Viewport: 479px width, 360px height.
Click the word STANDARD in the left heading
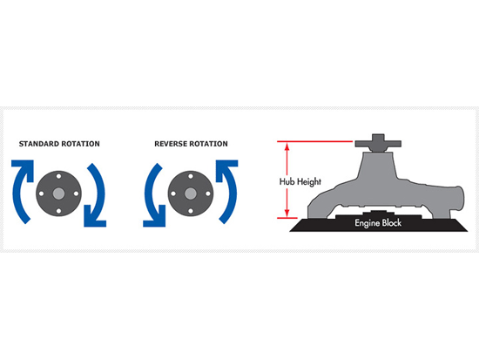tap(39, 144)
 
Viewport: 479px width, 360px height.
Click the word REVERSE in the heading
tap(171, 144)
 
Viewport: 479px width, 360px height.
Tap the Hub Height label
tap(300, 181)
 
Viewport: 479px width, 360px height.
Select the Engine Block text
tap(378, 223)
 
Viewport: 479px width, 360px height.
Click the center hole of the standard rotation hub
tap(58, 194)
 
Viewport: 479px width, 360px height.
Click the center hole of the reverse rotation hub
tap(191, 194)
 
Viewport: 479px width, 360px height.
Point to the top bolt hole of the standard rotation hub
tap(58, 176)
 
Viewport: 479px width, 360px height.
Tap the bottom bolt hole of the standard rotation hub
tap(58, 211)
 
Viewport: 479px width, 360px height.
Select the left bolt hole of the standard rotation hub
tap(41, 194)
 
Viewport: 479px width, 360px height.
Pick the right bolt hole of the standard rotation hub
tap(76, 194)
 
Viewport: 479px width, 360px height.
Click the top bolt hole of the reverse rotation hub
tap(191, 176)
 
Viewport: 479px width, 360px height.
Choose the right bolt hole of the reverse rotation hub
tap(208, 194)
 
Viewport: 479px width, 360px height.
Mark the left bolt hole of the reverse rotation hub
tap(173, 194)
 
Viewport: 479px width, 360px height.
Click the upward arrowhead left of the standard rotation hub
tap(24, 169)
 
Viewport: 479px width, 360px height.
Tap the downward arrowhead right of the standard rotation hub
tap(94, 217)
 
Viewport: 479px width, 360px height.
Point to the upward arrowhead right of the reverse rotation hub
tap(226, 169)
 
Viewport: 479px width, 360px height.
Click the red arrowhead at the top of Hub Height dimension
tap(287, 146)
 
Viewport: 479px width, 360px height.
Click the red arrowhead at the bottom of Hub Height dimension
tap(287, 214)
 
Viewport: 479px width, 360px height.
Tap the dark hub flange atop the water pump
tap(378, 143)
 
